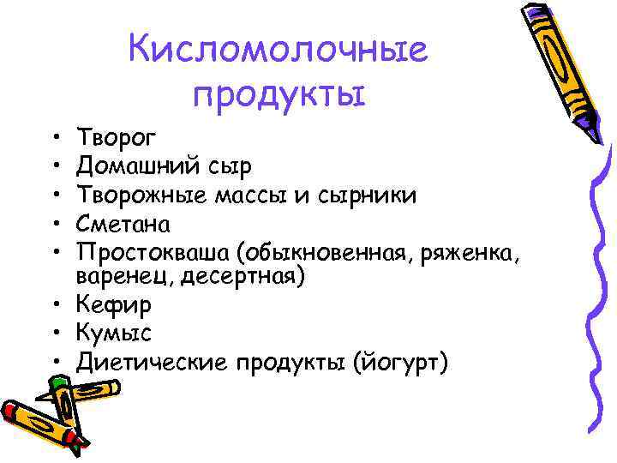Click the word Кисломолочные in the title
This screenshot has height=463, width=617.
tap(278, 51)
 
